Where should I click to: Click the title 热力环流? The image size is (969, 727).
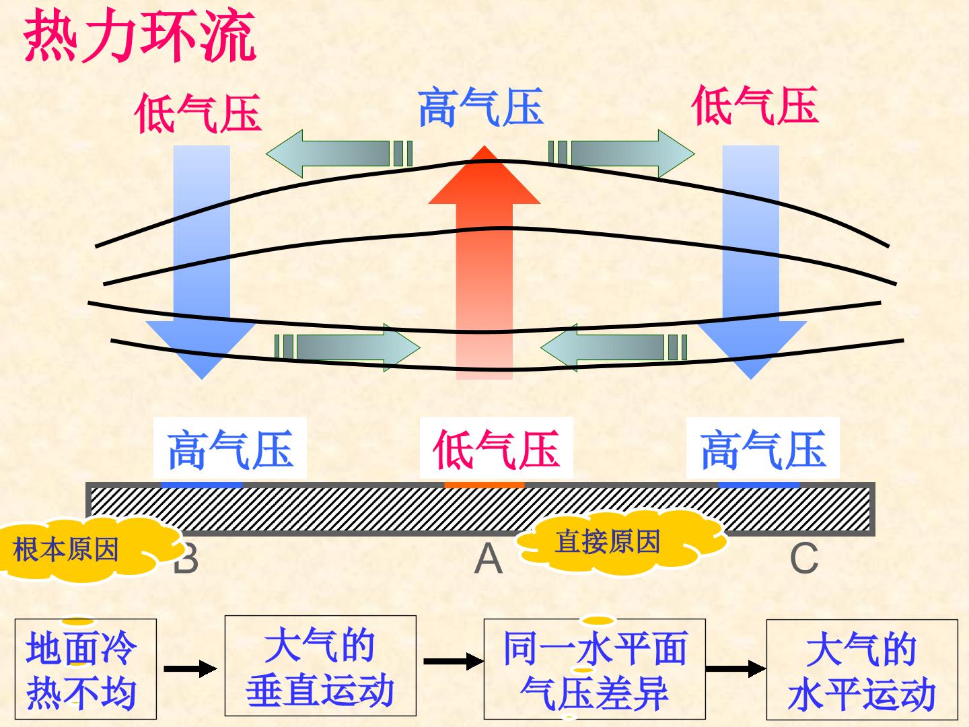140,35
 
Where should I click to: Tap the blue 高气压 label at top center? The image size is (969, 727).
481,107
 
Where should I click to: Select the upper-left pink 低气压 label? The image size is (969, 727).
199,114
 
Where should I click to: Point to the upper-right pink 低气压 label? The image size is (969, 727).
755,106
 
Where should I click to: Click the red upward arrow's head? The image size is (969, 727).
485,176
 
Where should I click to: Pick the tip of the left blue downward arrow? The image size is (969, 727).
202,379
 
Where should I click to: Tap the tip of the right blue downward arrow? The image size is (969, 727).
751,379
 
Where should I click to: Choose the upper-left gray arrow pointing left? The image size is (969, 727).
339,153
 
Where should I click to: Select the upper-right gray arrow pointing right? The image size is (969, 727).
622,153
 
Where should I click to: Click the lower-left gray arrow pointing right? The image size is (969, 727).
347,347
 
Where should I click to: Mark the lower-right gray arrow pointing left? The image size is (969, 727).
614,347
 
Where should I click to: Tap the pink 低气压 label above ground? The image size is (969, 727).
496,449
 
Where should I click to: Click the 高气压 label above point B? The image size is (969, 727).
230,449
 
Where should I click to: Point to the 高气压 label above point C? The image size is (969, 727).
763,449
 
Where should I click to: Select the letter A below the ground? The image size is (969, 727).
489,559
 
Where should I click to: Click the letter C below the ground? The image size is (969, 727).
804,559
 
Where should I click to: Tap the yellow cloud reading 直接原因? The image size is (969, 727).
621,542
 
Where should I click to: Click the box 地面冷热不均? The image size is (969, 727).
85,668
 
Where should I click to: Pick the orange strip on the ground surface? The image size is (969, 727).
485,485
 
